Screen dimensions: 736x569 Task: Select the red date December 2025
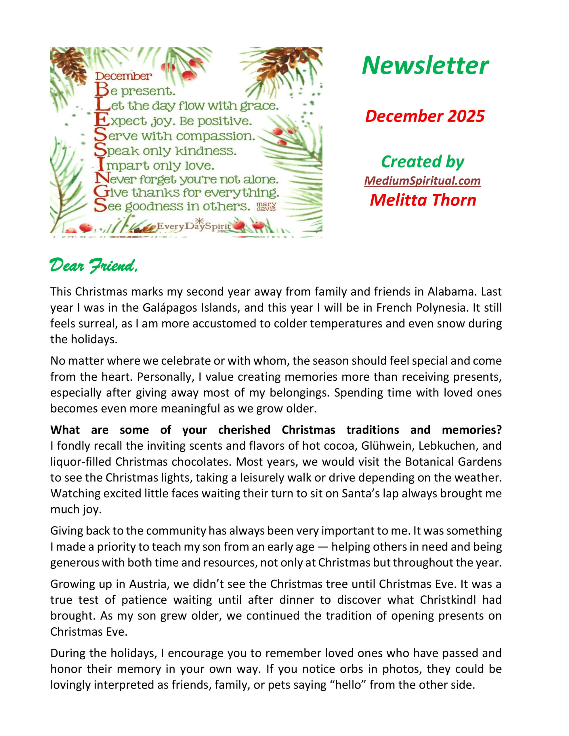click(425, 116)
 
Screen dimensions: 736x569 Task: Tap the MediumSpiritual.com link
click(422, 181)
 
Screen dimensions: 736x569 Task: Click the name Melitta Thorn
click(423, 200)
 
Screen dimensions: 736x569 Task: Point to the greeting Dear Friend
click(93, 266)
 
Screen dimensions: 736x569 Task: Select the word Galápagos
click(170, 307)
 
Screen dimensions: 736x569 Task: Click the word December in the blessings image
click(123, 76)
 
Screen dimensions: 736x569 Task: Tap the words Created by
click(423, 162)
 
